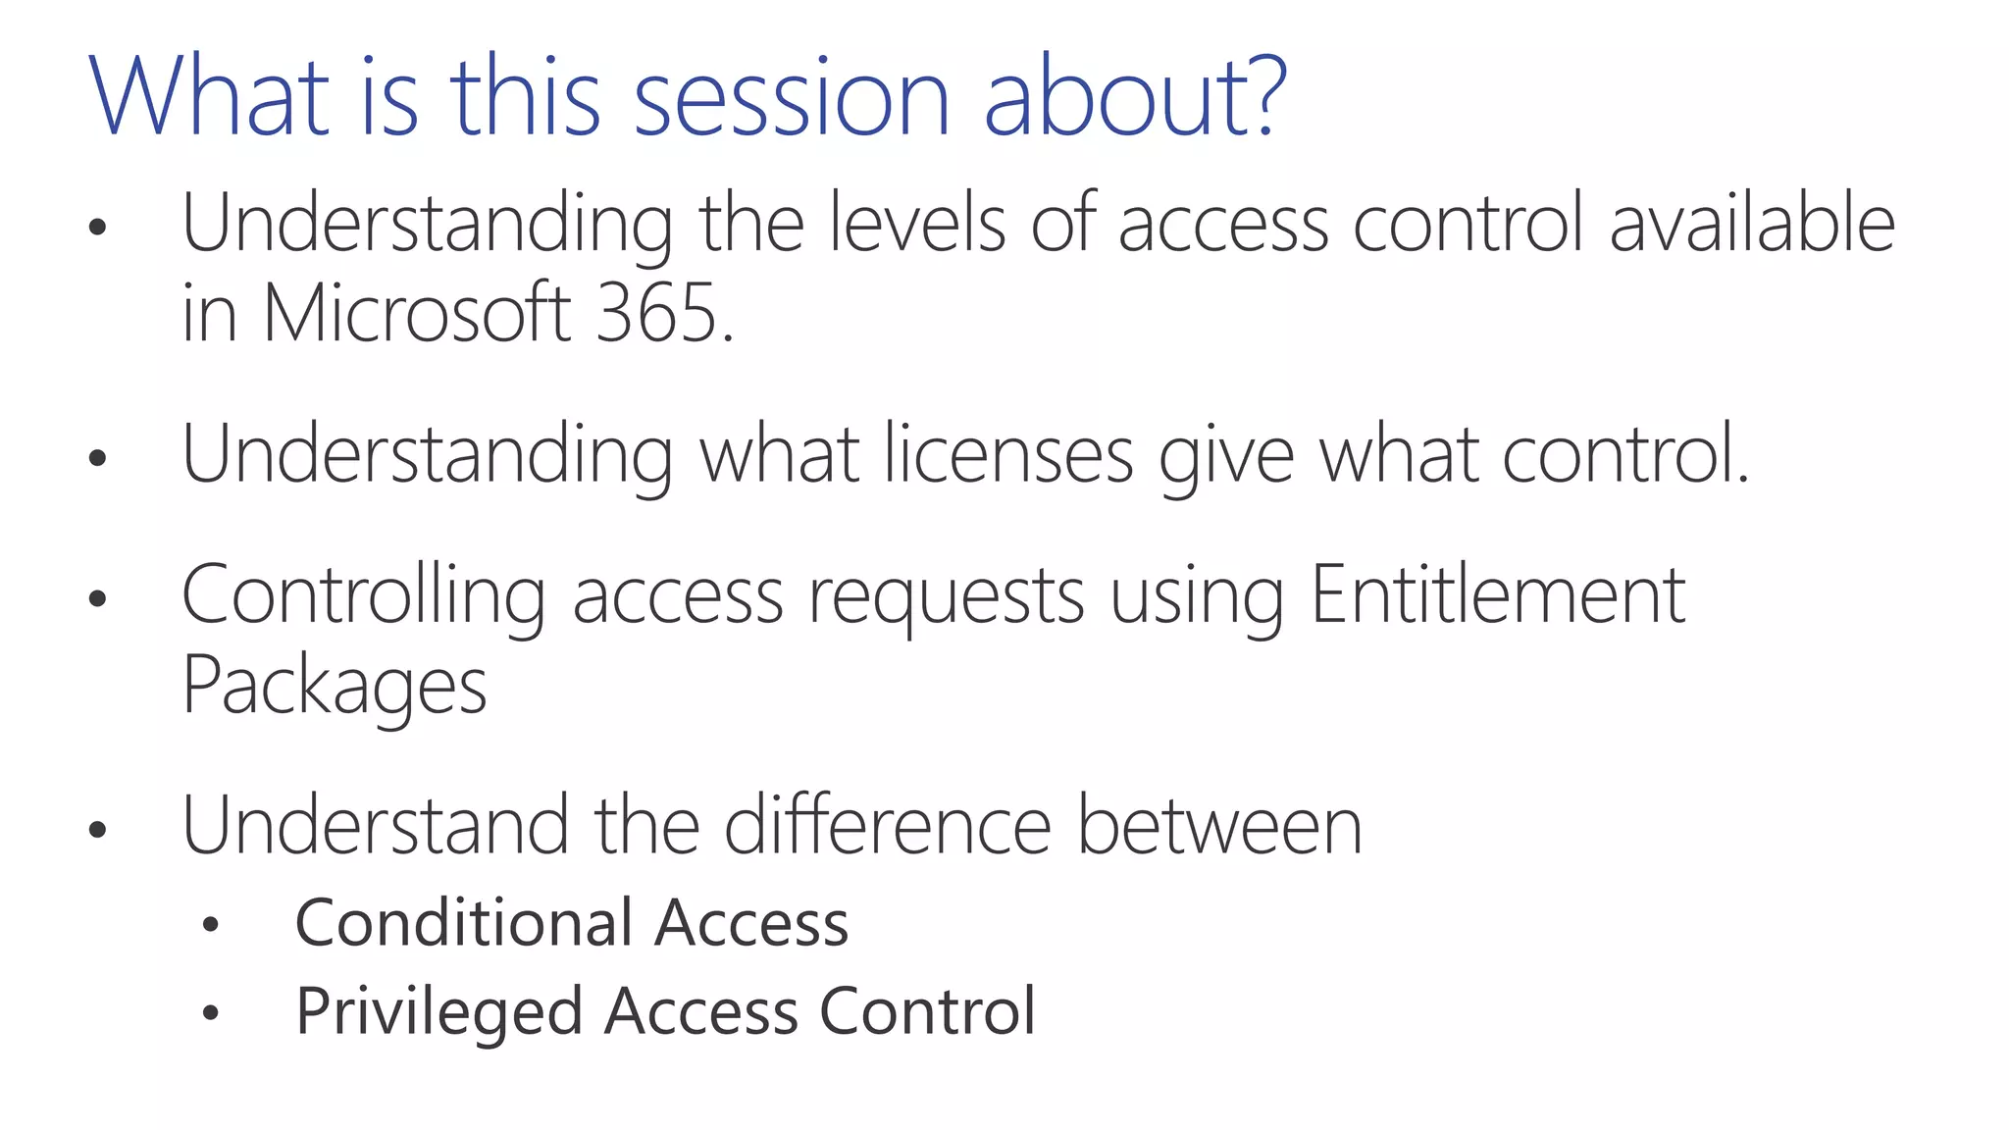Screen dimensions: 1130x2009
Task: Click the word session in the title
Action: click(x=792, y=98)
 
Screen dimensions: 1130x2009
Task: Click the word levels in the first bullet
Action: click(x=918, y=224)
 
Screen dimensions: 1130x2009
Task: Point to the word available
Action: click(x=1752, y=224)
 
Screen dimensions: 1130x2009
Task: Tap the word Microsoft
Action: click(x=417, y=314)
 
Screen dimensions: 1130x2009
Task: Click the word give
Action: click(x=1226, y=456)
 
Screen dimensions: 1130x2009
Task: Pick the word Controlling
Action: click(x=363, y=596)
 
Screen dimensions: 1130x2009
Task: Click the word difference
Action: click(x=888, y=826)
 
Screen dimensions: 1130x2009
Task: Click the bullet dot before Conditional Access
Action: click(x=210, y=925)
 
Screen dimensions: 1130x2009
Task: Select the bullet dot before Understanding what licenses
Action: click(x=96, y=457)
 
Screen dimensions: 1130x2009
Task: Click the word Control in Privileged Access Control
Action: click(x=927, y=1010)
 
